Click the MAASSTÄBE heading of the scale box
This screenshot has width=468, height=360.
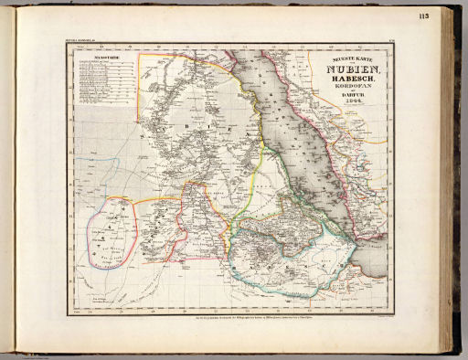coord(96,57)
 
